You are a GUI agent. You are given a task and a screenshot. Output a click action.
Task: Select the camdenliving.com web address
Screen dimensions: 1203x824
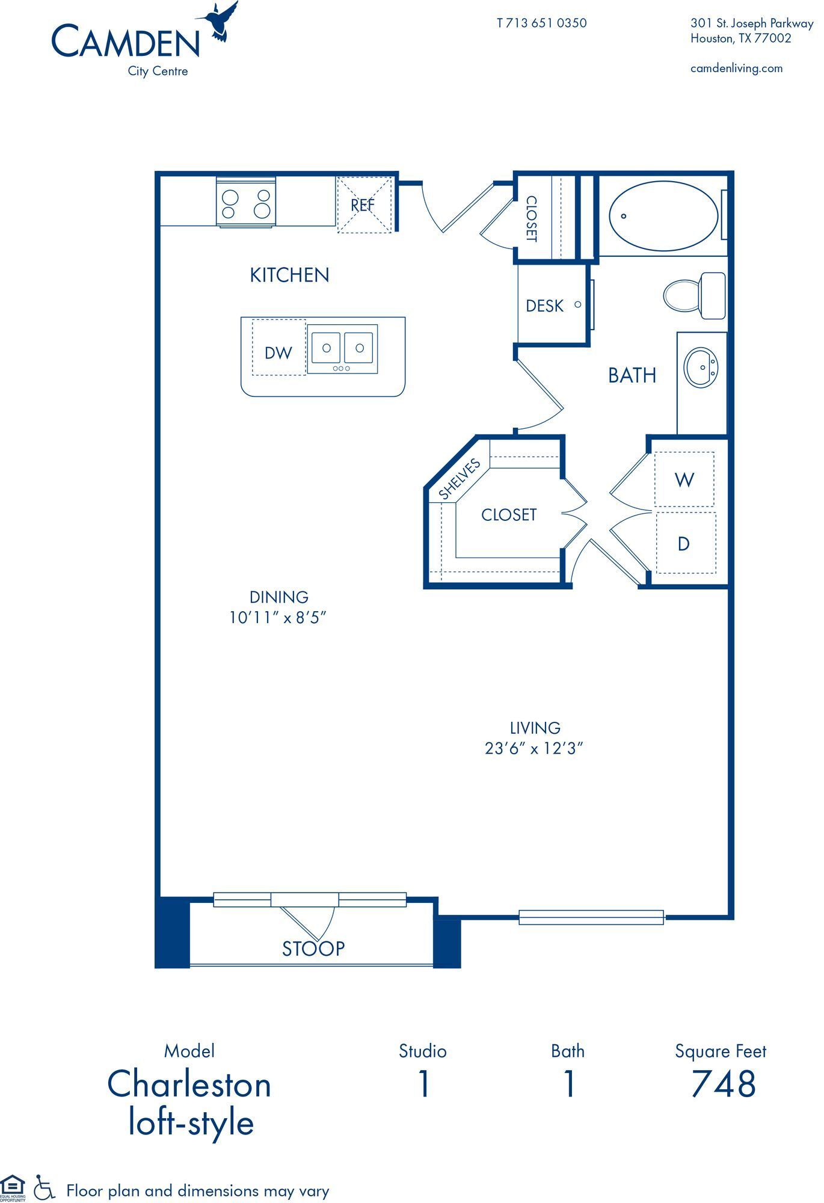click(x=736, y=69)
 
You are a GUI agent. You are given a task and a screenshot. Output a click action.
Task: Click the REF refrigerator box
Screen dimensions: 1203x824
click(x=363, y=205)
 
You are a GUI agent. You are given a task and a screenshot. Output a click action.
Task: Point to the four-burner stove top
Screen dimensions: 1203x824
click(x=246, y=203)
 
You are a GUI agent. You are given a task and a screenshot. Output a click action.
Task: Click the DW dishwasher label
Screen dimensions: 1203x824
click(x=278, y=353)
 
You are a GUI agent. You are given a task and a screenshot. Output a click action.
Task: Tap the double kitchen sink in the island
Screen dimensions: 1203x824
click(x=342, y=348)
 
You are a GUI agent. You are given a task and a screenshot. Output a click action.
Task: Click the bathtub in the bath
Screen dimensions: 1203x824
click(x=663, y=216)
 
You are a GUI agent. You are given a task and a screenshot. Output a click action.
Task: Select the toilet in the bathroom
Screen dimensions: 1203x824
click(x=695, y=295)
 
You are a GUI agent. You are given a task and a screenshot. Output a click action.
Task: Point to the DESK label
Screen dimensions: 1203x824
click(x=544, y=306)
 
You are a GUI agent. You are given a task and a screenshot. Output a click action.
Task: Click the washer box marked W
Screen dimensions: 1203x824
click(x=684, y=480)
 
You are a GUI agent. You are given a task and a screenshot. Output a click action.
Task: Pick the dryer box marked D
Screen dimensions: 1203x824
click(x=684, y=544)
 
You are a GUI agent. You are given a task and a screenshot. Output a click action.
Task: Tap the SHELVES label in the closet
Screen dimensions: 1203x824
click(x=460, y=479)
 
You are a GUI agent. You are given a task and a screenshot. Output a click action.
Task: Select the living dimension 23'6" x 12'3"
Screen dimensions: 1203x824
click(x=534, y=748)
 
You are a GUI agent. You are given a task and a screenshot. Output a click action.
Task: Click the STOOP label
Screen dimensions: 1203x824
click(x=313, y=949)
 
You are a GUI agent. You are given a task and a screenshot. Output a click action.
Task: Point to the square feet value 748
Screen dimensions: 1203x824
click(x=722, y=1084)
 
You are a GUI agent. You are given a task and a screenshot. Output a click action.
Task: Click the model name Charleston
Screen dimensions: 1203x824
click(x=189, y=1085)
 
